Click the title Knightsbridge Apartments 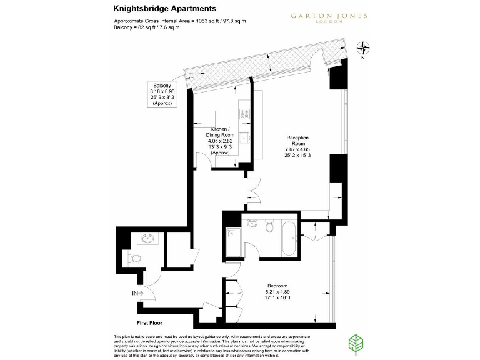165,9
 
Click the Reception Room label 297,146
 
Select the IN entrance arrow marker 137,293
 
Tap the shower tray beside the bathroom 234,241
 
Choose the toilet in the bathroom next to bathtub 270,226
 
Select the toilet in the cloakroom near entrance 131,258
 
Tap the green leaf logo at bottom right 357,344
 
